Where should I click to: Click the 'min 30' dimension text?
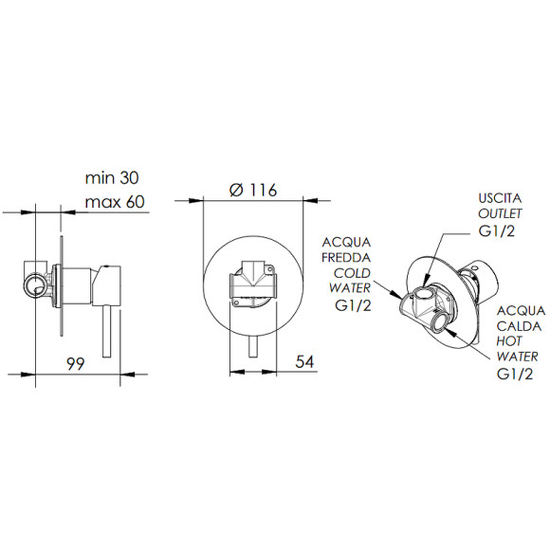pyautogui.click(x=112, y=178)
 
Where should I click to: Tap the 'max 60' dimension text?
pyautogui.click(x=115, y=202)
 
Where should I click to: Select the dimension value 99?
pyautogui.click(x=76, y=364)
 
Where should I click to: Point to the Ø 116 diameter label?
pyautogui.click(x=253, y=190)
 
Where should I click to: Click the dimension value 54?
pyautogui.click(x=304, y=361)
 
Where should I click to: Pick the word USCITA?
pyautogui.click(x=500, y=198)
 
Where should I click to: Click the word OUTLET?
pyautogui.click(x=500, y=213)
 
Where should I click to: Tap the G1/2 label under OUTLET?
pyautogui.click(x=496, y=230)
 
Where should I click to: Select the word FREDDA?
pyautogui.click(x=346, y=258)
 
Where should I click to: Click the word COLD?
pyautogui.click(x=352, y=273)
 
